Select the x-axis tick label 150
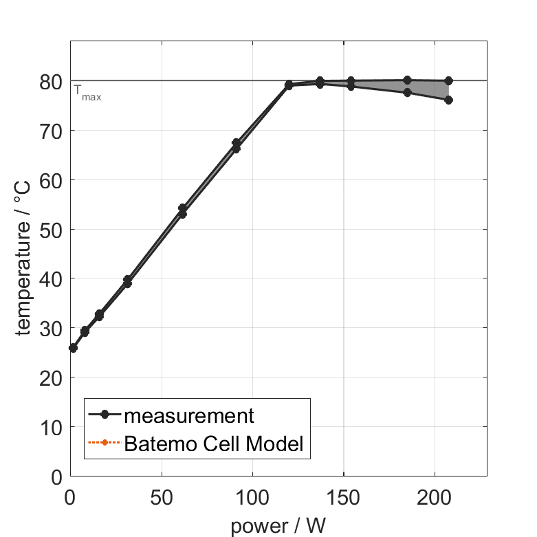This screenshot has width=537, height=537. point(343,498)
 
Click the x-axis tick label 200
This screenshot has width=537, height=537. point(434,498)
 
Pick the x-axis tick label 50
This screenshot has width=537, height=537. point(162,498)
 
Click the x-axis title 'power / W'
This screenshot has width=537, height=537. point(278,526)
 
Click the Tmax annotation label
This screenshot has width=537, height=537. point(87,92)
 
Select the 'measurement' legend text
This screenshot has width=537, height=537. point(189,415)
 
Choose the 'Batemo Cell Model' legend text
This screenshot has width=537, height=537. point(214,443)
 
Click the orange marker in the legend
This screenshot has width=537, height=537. point(105,443)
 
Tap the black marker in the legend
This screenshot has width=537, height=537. point(105,415)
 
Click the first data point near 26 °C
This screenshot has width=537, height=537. point(73,348)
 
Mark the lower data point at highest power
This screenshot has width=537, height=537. point(448,100)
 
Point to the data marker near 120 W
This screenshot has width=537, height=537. point(289,85)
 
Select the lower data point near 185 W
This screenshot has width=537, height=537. point(407,92)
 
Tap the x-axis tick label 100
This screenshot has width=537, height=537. point(252,498)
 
